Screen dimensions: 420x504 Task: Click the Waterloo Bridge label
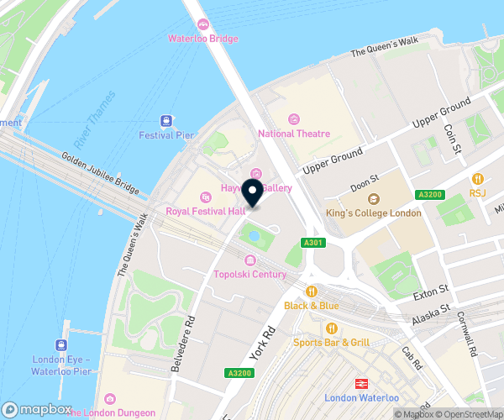click(203, 38)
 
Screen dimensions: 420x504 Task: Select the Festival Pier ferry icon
click(166, 121)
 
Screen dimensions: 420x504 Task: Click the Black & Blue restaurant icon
click(311, 291)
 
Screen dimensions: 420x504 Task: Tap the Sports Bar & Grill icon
click(332, 328)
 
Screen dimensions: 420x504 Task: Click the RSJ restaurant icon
click(477, 178)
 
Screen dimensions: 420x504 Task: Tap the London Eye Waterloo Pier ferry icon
click(61, 345)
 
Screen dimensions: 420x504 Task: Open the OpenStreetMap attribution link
click(469, 414)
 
